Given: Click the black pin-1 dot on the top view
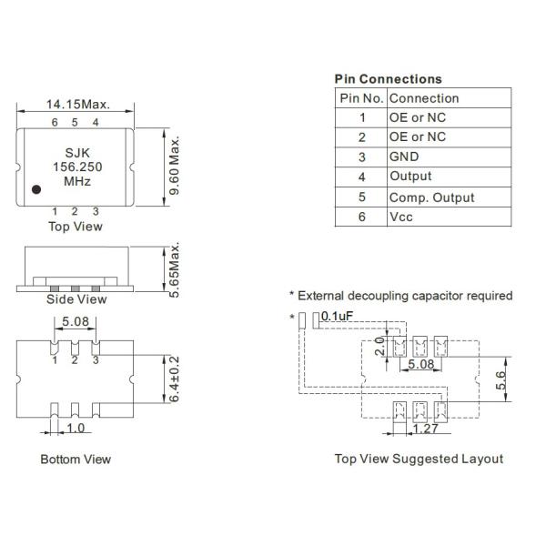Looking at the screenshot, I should pos(35,190).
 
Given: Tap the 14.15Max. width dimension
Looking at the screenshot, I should pos(77,105).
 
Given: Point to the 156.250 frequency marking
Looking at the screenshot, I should pos(76,167).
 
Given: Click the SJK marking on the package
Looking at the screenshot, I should pos(76,154).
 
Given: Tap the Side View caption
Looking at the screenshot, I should pos(76,299).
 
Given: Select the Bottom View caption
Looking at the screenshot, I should pos(76,459).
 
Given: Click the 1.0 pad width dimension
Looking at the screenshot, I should pos(76,427).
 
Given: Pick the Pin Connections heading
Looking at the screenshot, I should pos(388,79).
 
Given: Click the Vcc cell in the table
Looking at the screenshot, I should pos(402,217).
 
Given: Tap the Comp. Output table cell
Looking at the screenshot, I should pos(431,197).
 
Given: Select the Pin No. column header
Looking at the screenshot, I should pos(361,97).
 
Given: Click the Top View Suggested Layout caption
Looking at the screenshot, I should pos(419,459).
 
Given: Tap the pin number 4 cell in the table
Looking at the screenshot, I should pos(361,177).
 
